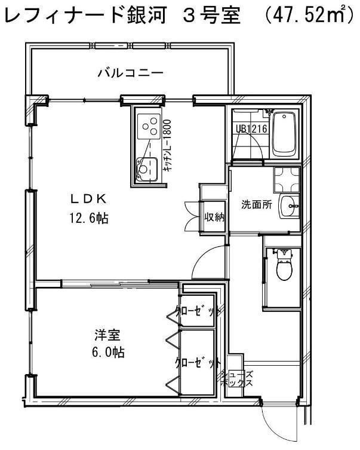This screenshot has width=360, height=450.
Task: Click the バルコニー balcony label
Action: pyautogui.click(x=131, y=74)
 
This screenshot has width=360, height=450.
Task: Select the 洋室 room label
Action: pyautogui.click(x=103, y=333)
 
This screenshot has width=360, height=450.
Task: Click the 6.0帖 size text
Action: pyautogui.click(x=105, y=351)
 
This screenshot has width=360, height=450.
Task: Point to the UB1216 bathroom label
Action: pyautogui.click(x=251, y=128)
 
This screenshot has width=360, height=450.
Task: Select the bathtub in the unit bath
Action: pyautogui.click(x=285, y=134)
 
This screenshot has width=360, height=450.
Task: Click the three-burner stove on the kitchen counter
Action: pyautogui.click(x=148, y=125)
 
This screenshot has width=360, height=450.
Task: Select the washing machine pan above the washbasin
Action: pyautogui.click(x=286, y=178)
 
